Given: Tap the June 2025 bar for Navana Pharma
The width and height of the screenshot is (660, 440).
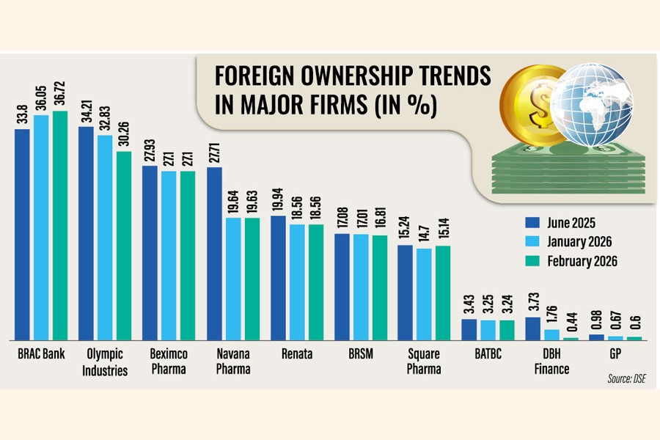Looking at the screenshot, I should pyautogui.click(x=215, y=254).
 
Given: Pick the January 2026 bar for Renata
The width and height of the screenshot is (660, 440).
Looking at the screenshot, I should pyautogui.click(x=297, y=282).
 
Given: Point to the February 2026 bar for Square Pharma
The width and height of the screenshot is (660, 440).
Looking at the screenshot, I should pyautogui.click(x=444, y=293).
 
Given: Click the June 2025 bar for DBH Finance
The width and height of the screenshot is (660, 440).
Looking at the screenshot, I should pyautogui.click(x=533, y=329).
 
